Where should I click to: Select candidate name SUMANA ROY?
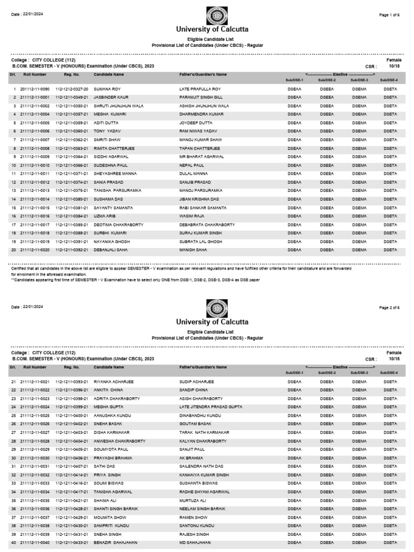(108, 88)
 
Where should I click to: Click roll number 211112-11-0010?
(34, 165)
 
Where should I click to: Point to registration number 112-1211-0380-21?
(72, 199)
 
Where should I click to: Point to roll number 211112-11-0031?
(34, 467)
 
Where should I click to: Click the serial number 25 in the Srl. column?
(14, 416)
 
